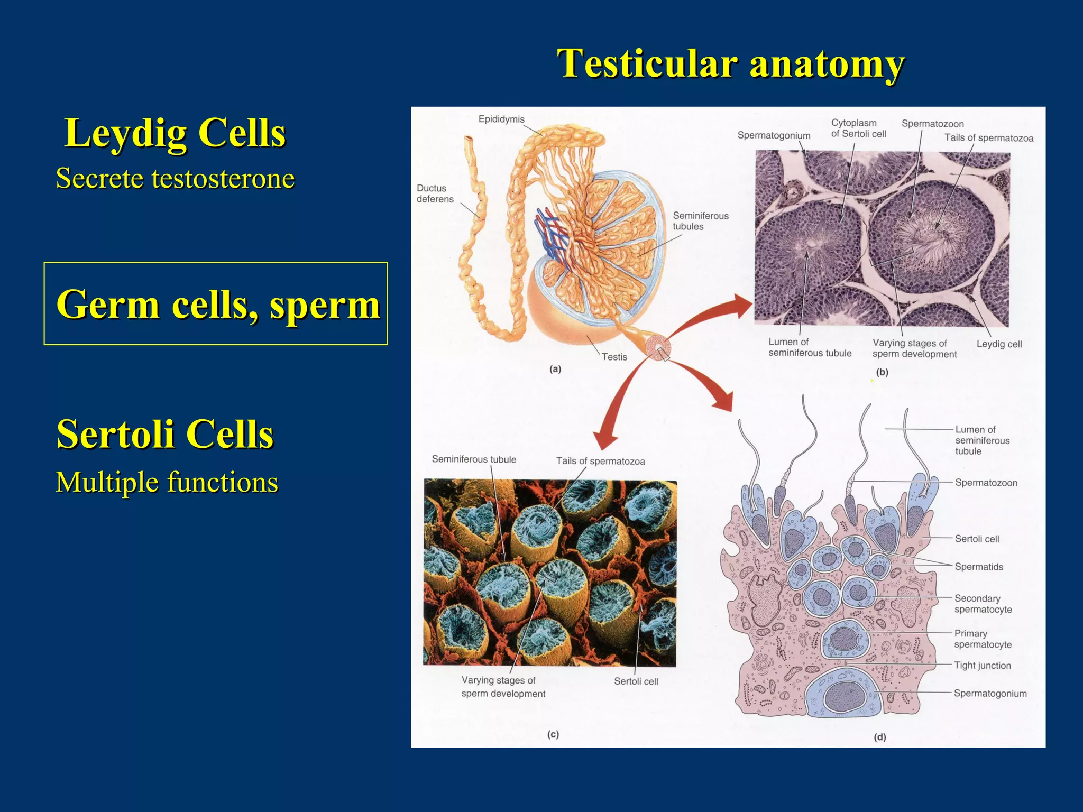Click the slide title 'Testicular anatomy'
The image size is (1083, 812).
(x=731, y=63)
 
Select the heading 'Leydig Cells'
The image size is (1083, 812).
(x=175, y=133)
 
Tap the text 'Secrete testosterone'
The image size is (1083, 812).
(x=175, y=178)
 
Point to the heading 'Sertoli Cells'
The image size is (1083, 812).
(x=165, y=433)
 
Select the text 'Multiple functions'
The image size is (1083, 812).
(x=167, y=482)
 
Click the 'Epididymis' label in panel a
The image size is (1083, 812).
(x=501, y=119)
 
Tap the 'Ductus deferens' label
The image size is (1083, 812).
(x=435, y=193)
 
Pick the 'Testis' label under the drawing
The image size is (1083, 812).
(x=614, y=357)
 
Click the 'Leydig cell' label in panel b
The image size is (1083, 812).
(x=998, y=344)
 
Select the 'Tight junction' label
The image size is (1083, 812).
(x=982, y=666)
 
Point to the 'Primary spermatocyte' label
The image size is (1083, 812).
(x=983, y=639)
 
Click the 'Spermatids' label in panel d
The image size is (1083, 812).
(x=978, y=567)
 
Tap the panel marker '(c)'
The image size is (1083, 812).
(x=553, y=734)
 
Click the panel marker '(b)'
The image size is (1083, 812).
(x=882, y=372)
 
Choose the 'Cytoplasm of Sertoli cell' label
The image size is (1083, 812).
(x=858, y=128)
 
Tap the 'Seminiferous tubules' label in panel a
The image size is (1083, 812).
(x=700, y=221)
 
